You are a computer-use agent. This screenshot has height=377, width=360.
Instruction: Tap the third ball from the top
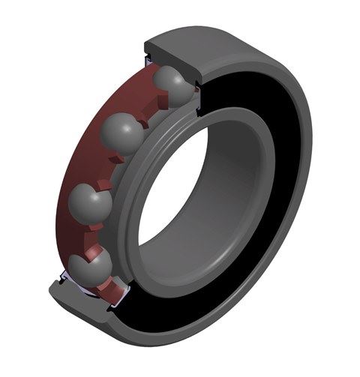coord(90,202)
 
